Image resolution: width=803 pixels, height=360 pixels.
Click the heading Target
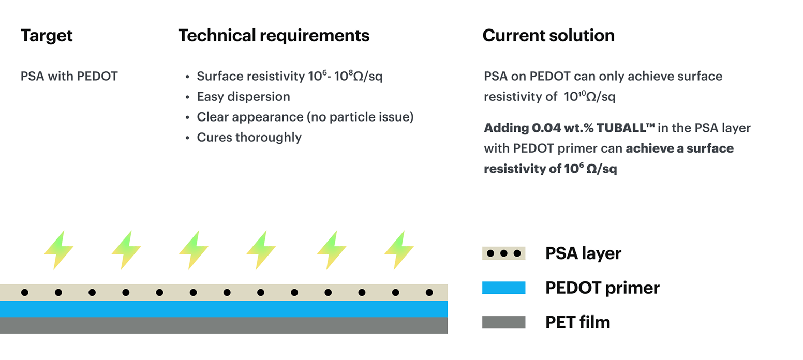tap(47, 36)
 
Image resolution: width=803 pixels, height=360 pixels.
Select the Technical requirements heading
tap(274, 36)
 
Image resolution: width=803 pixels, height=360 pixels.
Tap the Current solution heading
tap(548, 36)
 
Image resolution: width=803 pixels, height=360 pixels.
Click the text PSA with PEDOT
tap(69, 77)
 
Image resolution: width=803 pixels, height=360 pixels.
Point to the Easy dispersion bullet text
tap(243, 97)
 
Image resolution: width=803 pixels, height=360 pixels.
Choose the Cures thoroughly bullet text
tap(249, 138)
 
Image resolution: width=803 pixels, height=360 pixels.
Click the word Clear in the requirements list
tap(213, 117)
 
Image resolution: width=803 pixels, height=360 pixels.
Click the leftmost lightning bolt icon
tap(58, 250)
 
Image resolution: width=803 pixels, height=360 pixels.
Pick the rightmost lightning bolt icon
tap(398, 250)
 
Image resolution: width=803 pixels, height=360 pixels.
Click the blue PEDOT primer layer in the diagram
tap(224, 309)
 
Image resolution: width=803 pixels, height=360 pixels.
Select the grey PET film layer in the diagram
tap(224, 325)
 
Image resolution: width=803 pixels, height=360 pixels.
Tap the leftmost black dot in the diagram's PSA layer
tap(24, 293)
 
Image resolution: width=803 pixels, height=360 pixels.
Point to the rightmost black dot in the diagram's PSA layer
tap(429, 293)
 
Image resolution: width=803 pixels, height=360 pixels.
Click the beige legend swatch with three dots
tap(503, 253)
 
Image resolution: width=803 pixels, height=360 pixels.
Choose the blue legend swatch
tap(503, 288)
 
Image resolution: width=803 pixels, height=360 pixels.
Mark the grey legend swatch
tap(503, 322)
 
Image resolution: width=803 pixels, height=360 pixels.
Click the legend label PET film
tap(577, 322)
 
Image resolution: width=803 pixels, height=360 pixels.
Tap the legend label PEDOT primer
tap(602, 288)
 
